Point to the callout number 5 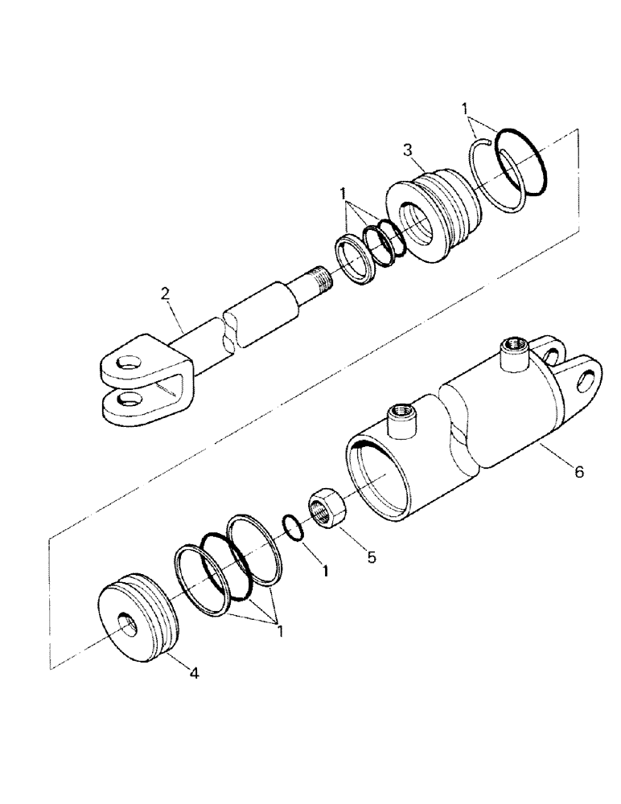click(371, 556)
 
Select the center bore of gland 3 click(417, 219)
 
